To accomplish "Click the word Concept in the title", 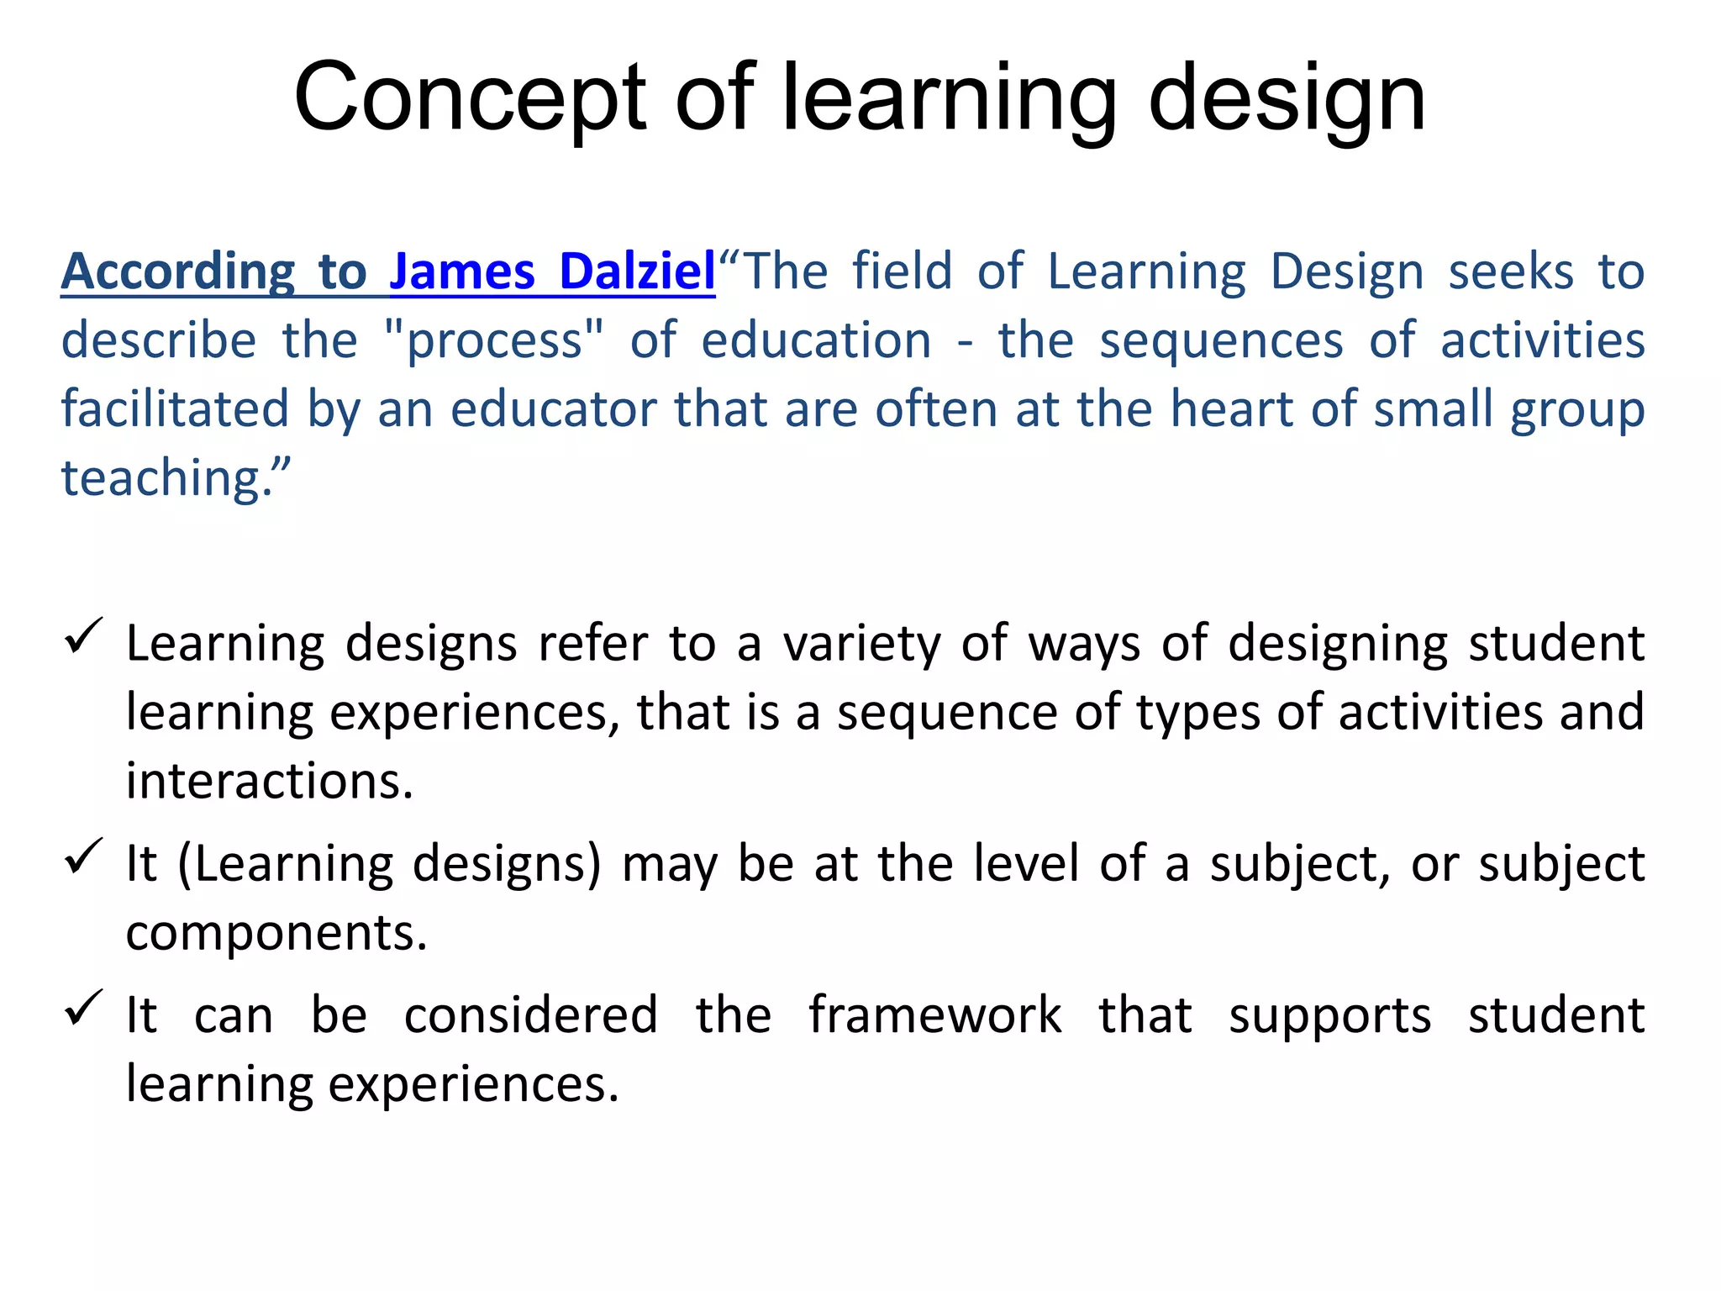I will (471, 98).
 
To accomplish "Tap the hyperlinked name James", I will (462, 271).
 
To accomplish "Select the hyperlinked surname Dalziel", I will (637, 271).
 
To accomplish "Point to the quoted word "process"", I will (494, 340).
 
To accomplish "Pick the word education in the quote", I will (816, 340).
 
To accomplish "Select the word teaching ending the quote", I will (167, 478).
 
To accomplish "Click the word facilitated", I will (176, 409).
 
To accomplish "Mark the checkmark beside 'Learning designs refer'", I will (83, 636).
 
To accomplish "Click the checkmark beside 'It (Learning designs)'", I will (83, 856).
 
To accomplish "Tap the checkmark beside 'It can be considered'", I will (83, 1008).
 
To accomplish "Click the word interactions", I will (269, 781).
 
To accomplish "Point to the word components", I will (276, 933).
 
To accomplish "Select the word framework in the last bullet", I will (934, 1014).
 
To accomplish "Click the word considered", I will (530, 1014).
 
